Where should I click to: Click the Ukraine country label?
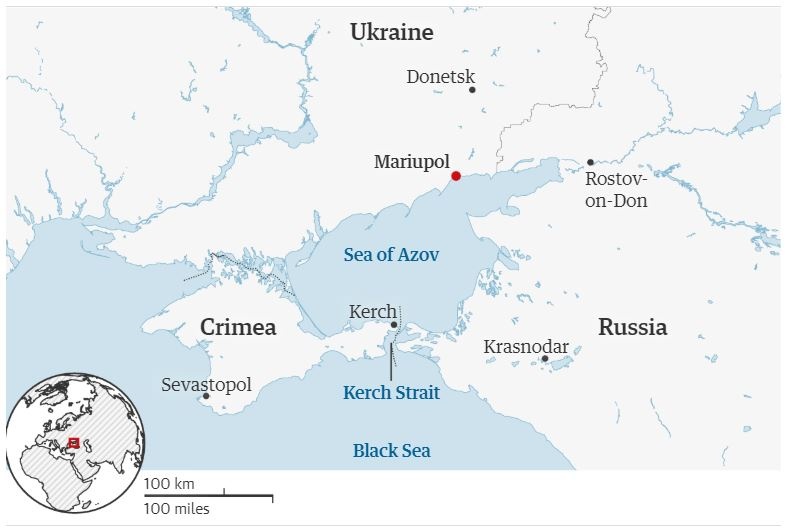tap(391, 32)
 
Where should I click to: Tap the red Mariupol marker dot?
tap(456, 176)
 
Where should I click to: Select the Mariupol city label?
tap(411, 160)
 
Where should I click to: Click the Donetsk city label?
tap(440, 77)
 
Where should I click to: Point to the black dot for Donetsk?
tap(473, 90)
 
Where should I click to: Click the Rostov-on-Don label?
tap(616, 190)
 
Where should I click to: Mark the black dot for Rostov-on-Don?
tap(590, 162)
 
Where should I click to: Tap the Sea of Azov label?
tap(391, 255)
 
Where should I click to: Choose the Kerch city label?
tap(372, 312)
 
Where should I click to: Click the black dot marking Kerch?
tap(394, 325)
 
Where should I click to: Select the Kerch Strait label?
tap(391, 392)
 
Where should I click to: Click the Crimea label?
tap(238, 328)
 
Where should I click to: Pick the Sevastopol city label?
tap(206, 385)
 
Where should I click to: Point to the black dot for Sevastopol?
tap(206, 396)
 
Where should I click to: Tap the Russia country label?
tap(632, 327)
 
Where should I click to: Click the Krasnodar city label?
tap(526, 347)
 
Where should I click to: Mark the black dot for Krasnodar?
tap(545, 359)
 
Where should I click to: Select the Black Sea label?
tap(391, 451)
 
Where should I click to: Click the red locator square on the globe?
tap(72, 442)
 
